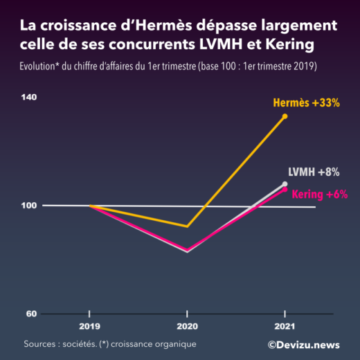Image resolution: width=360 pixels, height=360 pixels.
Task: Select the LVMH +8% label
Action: pos(314,172)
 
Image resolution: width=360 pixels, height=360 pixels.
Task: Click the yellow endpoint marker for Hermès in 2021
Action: pos(285,116)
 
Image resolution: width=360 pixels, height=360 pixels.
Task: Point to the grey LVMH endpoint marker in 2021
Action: pos(285,184)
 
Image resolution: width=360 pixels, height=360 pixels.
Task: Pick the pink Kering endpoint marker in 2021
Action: pos(285,189)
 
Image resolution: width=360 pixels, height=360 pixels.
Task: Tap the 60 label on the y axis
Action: pos(31,314)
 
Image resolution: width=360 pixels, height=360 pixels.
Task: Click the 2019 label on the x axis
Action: pos(89,326)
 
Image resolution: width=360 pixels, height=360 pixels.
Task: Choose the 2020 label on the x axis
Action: pos(187,326)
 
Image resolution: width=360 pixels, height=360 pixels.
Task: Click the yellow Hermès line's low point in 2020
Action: pos(187,226)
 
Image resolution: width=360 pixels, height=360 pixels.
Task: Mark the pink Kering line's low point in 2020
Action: pos(187,250)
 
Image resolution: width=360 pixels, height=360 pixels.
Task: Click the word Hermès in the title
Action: pos(138,26)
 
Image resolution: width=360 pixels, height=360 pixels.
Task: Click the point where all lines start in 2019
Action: pos(89,206)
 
